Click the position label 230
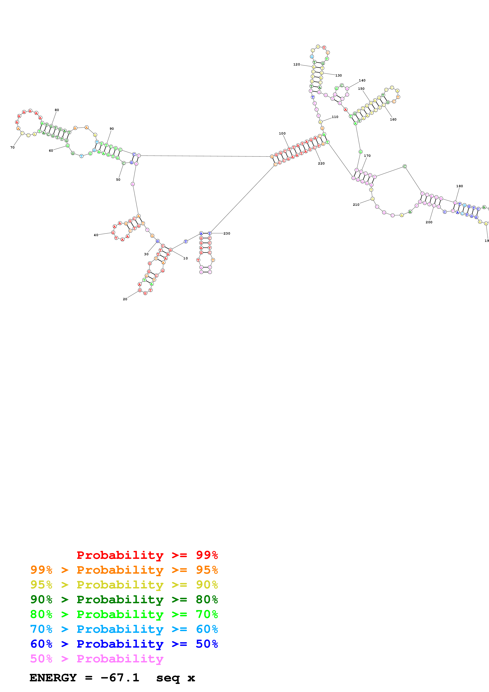point(227,234)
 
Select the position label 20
point(125,299)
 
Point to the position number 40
point(96,235)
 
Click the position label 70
point(12,147)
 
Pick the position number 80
point(57,110)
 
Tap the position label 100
point(282,134)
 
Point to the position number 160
point(393,120)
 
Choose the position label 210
point(356,205)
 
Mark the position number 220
point(321,163)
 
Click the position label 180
point(459,186)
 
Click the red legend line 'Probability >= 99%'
point(147,555)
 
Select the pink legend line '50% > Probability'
point(96,659)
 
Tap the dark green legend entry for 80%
point(124,600)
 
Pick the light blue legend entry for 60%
point(124,629)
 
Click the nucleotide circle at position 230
point(210,234)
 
